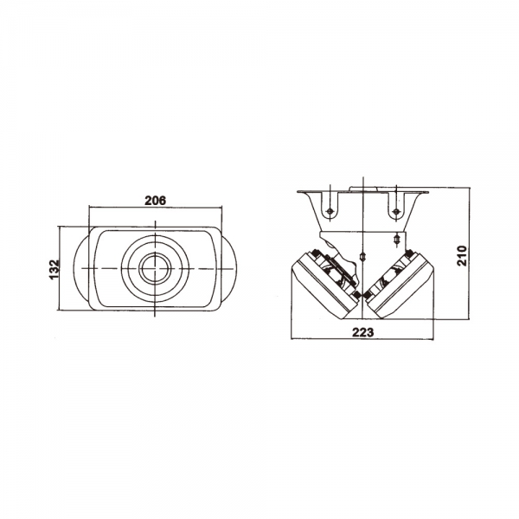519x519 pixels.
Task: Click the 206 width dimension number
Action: (155, 201)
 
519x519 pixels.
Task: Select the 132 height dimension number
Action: (54, 269)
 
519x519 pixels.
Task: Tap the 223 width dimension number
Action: (362, 332)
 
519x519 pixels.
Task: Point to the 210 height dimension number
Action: (461, 255)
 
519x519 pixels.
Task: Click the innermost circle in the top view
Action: (155, 268)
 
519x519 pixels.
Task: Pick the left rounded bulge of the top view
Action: (80, 268)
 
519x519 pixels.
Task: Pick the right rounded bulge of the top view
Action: (229, 268)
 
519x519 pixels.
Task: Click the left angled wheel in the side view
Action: (325, 285)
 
